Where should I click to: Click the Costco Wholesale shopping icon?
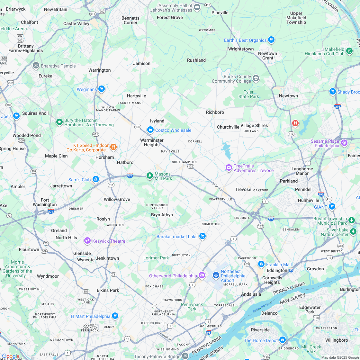coord(150,130)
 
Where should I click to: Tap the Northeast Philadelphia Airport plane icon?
coord(216,275)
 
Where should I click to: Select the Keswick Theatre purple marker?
coord(87,240)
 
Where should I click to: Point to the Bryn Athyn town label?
coord(162,215)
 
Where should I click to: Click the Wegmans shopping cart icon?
coord(102,89)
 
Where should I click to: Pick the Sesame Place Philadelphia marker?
coord(344,142)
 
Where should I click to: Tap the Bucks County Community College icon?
coord(256,78)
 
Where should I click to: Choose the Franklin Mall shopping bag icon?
coord(261,264)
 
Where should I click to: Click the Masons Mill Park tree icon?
coord(149,175)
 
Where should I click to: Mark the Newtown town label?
coord(288,96)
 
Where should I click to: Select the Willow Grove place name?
coord(117,199)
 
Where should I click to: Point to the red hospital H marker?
coord(295,123)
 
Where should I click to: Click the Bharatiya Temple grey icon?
coord(36,66)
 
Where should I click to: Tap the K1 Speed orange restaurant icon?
coord(113,147)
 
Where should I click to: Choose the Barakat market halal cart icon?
coord(202,236)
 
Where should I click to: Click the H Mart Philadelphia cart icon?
coord(115,316)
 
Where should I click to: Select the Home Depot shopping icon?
coord(282,340)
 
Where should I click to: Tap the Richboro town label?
coord(215,112)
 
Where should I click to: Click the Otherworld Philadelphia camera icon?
coord(202,275)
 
